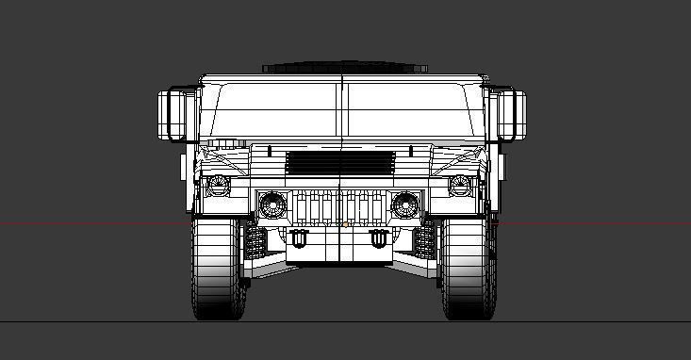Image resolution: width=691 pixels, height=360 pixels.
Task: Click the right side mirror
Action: tap(509, 114)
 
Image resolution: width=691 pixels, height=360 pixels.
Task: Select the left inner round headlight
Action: tap(271, 204)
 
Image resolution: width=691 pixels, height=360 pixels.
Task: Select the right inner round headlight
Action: tap(405, 204)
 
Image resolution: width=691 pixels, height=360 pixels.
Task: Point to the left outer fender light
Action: tap(218, 185)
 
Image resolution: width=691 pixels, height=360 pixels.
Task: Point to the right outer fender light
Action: tap(460, 185)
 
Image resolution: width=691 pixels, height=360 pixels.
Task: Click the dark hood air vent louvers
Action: tap(339, 163)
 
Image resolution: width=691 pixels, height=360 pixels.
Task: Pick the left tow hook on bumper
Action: tap(299, 237)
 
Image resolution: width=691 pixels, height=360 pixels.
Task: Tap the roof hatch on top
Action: tap(342, 68)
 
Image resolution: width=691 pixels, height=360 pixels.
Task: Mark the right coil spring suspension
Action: tap(426, 241)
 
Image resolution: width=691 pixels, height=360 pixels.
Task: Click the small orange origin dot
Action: tap(347, 224)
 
